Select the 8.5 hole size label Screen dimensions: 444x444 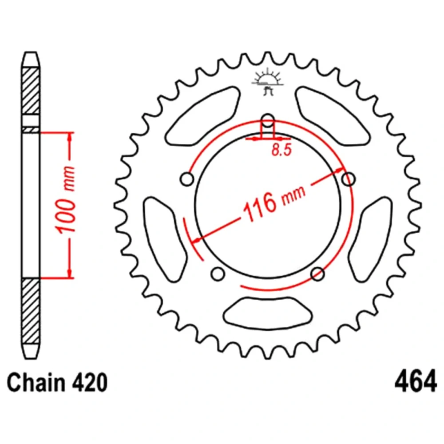point(281,150)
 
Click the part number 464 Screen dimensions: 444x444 point(416,381)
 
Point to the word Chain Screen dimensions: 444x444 point(36,382)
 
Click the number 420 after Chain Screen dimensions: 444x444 point(90,383)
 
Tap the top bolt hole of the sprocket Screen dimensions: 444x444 point(268,120)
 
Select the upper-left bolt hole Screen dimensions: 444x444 point(187,179)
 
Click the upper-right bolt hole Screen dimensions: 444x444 point(349,179)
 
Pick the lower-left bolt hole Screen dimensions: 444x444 point(218,274)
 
